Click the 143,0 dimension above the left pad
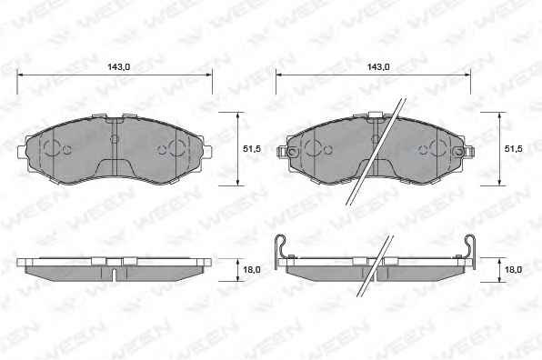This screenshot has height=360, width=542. click(118, 67)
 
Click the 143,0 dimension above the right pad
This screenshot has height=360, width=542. click(377, 67)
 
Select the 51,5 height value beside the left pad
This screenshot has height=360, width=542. click(252, 149)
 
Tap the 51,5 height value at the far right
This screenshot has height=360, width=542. click(513, 149)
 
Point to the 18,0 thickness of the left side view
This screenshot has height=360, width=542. click(252, 269)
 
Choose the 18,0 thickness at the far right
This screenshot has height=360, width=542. click(513, 269)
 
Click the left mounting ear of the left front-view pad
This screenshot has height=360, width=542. click(22, 152)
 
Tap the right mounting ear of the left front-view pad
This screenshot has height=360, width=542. click(207, 152)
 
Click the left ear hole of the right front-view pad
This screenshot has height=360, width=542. click(293, 151)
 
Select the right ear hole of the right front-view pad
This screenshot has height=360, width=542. click(458, 151)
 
